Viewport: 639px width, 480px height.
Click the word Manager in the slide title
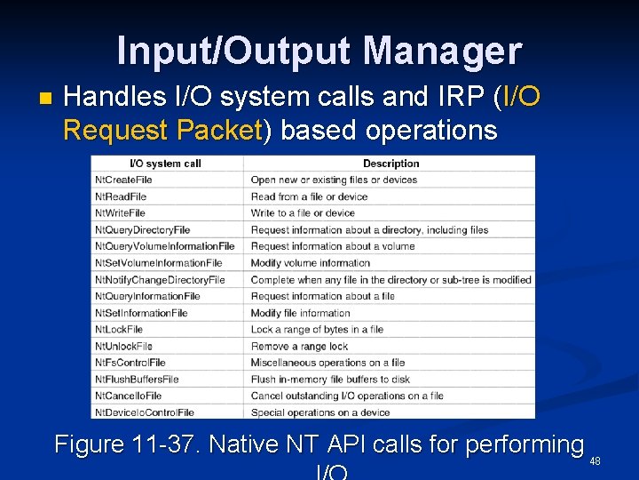click(x=442, y=52)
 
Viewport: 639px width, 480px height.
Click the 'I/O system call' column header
click(x=165, y=164)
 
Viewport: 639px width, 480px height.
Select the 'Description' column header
click(x=390, y=164)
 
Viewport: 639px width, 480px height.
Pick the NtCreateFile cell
click(x=123, y=180)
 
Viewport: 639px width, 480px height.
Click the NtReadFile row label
click(x=121, y=196)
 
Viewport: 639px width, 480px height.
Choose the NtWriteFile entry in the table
click(x=121, y=213)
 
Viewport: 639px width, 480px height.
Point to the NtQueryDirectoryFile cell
click(x=143, y=230)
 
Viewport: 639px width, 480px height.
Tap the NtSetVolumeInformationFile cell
click(x=159, y=263)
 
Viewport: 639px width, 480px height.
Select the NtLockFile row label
click(x=119, y=330)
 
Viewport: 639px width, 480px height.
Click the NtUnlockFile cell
click(x=123, y=347)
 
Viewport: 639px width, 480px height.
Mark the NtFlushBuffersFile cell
click(x=137, y=380)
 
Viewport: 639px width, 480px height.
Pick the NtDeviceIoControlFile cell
click(x=145, y=412)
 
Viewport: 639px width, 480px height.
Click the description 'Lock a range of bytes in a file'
click(x=317, y=330)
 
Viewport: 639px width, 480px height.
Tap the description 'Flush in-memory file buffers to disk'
click(x=330, y=380)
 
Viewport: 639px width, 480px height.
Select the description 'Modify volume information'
click(x=310, y=263)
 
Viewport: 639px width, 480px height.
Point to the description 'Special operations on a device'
click(x=320, y=412)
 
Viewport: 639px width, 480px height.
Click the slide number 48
click(x=596, y=461)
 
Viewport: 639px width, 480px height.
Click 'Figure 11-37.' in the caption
click(x=127, y=444)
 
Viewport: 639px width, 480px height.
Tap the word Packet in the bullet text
click(x=218, y=131)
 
